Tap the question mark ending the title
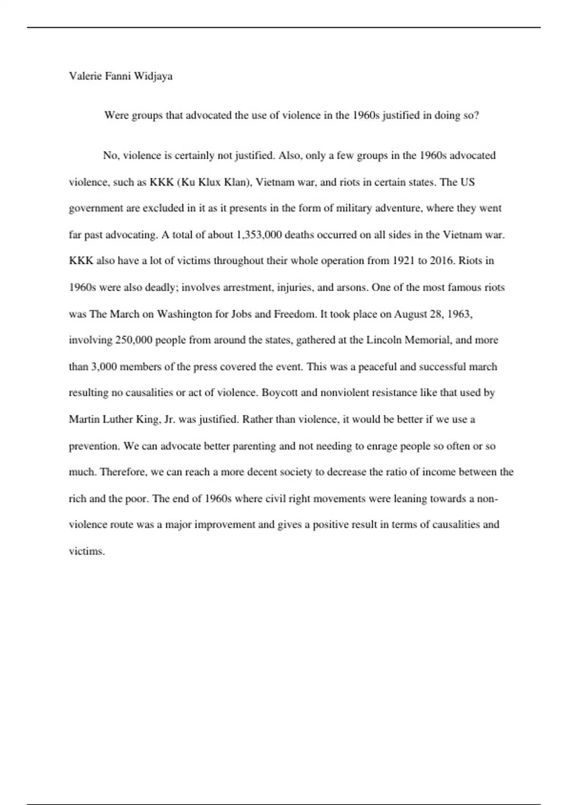(x=476, y=115)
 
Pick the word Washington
(x=185, y=314)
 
